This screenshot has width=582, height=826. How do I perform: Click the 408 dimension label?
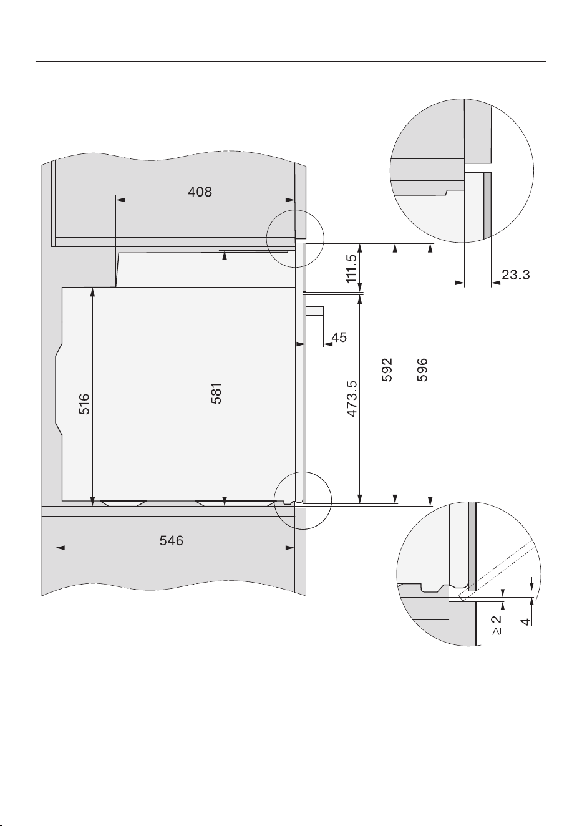click(200, 192)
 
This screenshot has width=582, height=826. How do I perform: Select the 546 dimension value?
click(172, 541)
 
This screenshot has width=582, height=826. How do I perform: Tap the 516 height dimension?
click(84, 404)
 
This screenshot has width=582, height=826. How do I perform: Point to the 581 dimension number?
click(216, 394)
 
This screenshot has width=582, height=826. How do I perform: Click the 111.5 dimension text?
click(351, 268)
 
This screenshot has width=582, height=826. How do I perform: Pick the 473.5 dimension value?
click(352, 399)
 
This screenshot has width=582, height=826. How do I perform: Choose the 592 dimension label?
click(387, 369)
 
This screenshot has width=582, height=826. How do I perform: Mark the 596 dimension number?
click(422, 369)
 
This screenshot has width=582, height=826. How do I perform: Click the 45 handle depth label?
click(339, 337)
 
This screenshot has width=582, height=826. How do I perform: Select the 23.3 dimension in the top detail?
click(516, 275)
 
